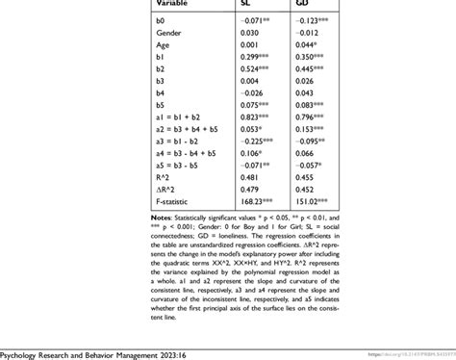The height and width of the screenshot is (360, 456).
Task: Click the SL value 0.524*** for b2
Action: point(256,68)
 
